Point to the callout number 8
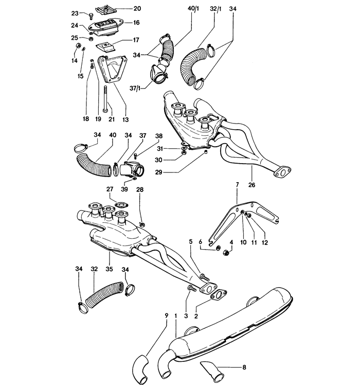click(x=244, y=367)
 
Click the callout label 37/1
click(x=138, y=88)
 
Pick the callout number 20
click(x=122, y=9)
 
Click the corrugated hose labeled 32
click(x=102, y=297)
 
